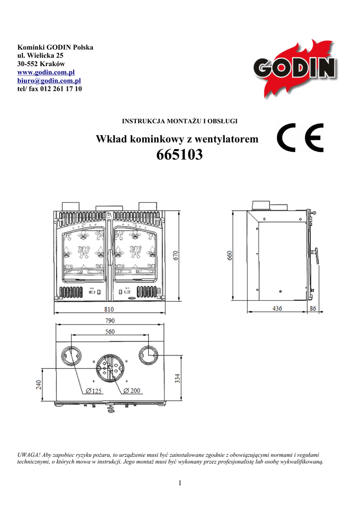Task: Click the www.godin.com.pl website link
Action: click(x=46, y=72)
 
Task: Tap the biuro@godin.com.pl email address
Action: click(x=49, y=81)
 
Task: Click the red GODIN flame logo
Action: click(x=295, y=69)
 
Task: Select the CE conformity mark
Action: click(x=300, y=138)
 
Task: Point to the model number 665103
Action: click(x=180, y=155)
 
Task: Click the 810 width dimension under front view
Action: click(x=109, y=309)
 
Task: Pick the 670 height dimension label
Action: click(x=176, y=255)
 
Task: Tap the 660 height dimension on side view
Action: click(x=230, y=255)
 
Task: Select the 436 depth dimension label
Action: click(x=277, y=308)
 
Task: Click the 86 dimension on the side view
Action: click(x=313, y=308)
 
